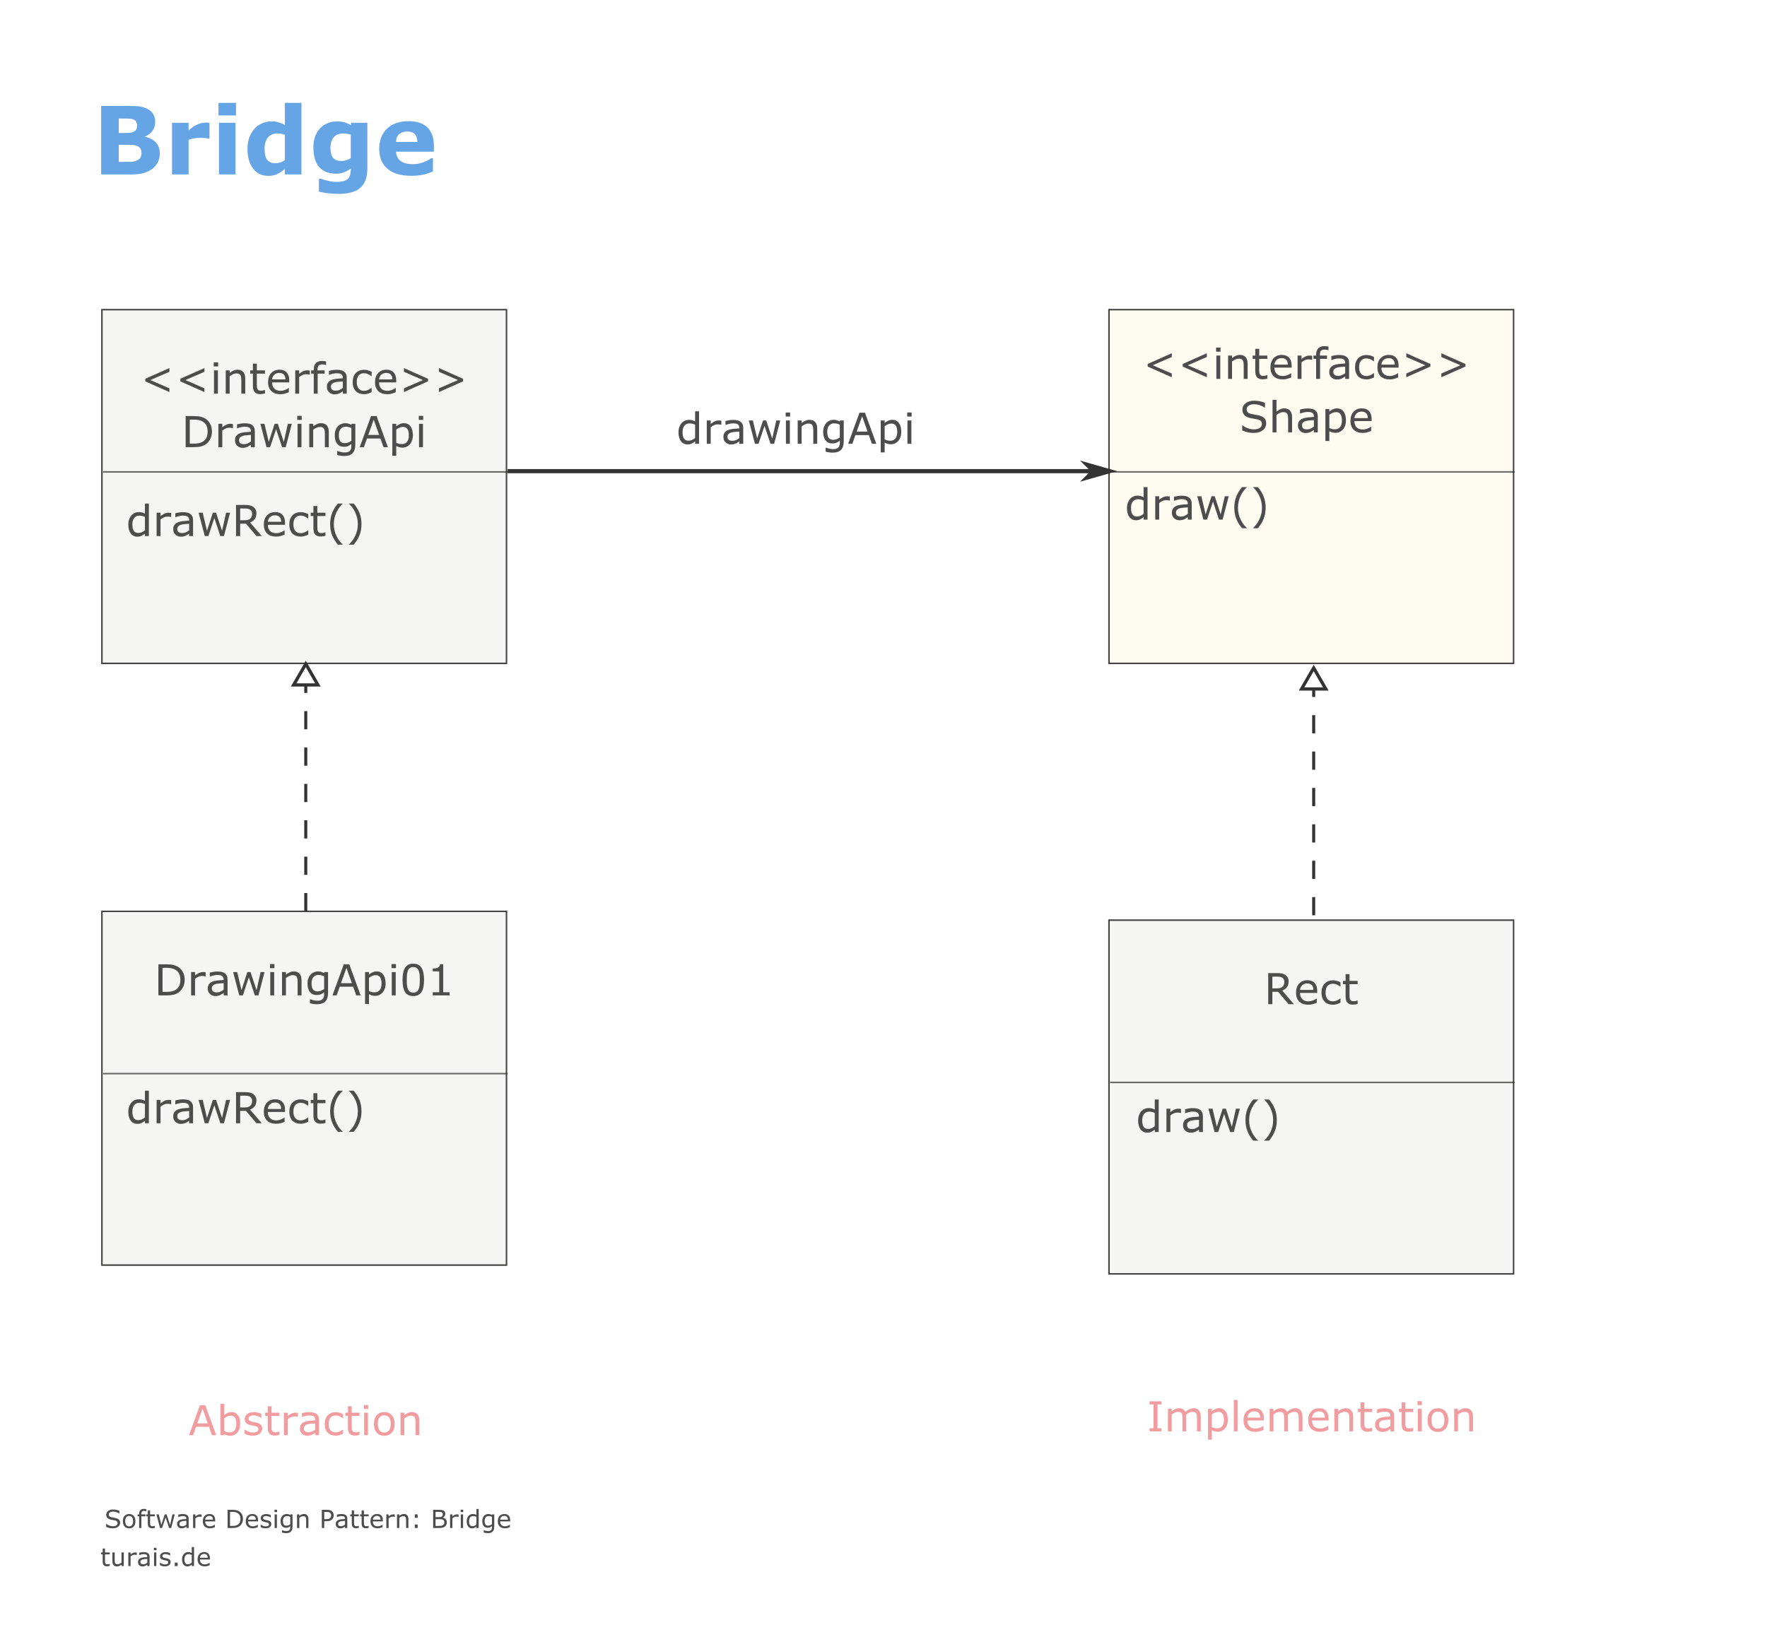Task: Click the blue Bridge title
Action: [x=266, y=145]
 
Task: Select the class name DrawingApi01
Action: [x=303, y=981]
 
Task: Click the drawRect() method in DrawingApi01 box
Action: [x=245, y=1109]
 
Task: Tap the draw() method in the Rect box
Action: [x=1207, y=1118]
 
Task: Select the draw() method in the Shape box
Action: [x=1196, y=506]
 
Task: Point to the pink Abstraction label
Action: [x=305, y=1422]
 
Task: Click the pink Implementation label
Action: [x=1311, y=1418]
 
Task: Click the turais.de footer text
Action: [x=156, y=1558]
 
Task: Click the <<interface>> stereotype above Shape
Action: [x=1306, y=364]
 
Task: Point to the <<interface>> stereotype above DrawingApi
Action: [x=303, y=379]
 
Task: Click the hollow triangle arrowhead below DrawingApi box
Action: [x=306, y=675]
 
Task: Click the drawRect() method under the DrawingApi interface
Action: [x=245, y=522]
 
